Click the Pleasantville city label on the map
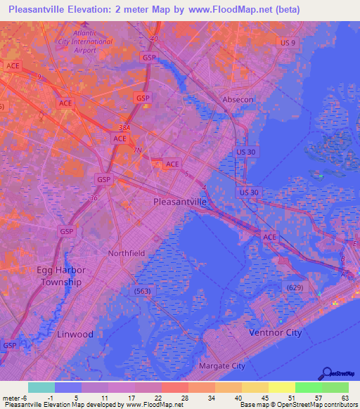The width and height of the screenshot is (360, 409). pyautogui.click(x=180, y=202)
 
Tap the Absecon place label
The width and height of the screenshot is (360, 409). pyautogui.click(x=238, y=100)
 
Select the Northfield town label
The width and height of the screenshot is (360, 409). pyautogui.click(x=127, y=253)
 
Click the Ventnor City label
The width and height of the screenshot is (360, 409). pyautogui.click(x=276, y=332)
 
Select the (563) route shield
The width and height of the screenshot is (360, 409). pyautogui.click(x=143, y=290)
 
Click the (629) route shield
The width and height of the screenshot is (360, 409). pyautogui.click(x=295, y=287)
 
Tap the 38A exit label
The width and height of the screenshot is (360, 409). pyautogui.click(x=124, y=128)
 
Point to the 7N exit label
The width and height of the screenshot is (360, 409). pyautogui.click(x=139, y=150)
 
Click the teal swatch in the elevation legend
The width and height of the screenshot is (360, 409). pyautogui.click(x=41, y=387)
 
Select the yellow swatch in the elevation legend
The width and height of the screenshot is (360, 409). pyautogui.click(x=282, y=387)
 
